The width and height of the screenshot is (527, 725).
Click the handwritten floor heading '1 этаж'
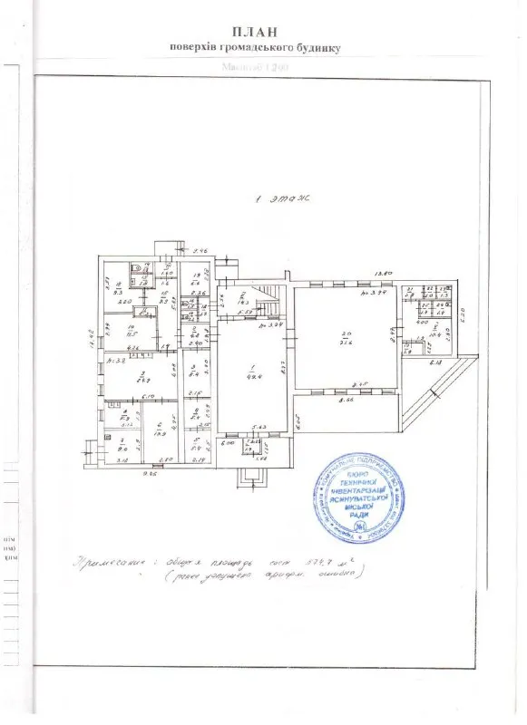(283, 205)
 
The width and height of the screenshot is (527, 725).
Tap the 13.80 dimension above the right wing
(384, 273)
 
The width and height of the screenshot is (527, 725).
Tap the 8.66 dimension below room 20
(345, 399)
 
